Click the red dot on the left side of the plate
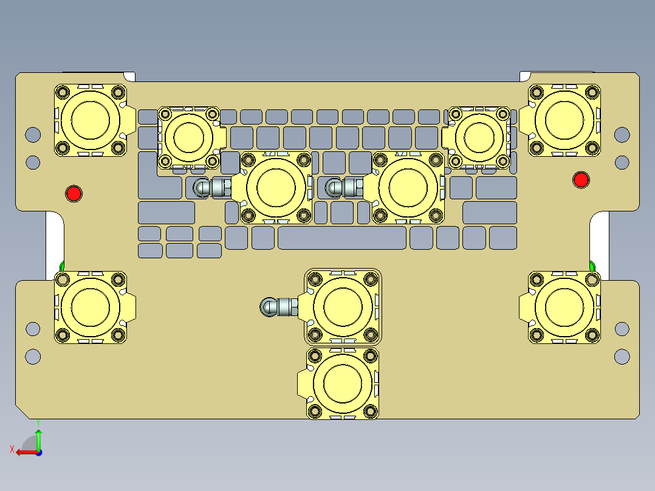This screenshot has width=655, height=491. tap(74, 193)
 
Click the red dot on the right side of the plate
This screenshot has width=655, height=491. tap(581, 179)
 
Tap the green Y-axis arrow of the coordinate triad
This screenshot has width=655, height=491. tap(38, 436)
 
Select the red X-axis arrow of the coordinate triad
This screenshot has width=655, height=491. tap(23, 452)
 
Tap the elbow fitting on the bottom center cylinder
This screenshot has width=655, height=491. tap(276, 307)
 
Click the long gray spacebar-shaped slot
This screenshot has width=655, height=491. tap(342, 238)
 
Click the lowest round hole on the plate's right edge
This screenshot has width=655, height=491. tap(622, 356)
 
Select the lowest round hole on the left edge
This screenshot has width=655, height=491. tap(33, 356)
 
